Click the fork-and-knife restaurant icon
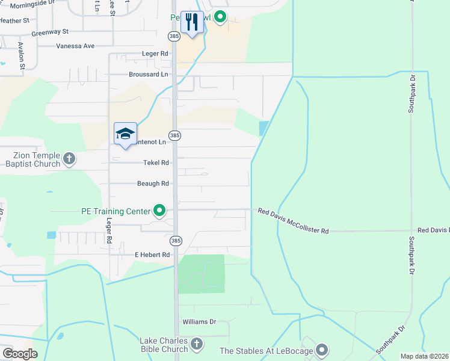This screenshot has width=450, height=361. tap(192, 23)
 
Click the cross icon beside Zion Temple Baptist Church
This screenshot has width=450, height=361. tap(69, 159)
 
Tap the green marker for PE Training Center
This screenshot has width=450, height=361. tap(159, 211)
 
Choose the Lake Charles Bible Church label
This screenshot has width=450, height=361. tap(164, 345)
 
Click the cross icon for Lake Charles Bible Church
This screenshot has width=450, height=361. tap(196, 345)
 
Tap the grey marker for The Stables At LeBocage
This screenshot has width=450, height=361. tap(322, 350)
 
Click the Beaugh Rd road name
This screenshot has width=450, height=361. tap(153, 184)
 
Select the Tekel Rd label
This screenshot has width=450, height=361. tap(156, 162)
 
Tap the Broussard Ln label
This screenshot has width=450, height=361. tap(149, 74)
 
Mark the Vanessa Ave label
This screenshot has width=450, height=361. tap(76, 46)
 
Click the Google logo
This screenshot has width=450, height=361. tap(20, 354)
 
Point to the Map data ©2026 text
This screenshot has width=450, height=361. tap(425, 356)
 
